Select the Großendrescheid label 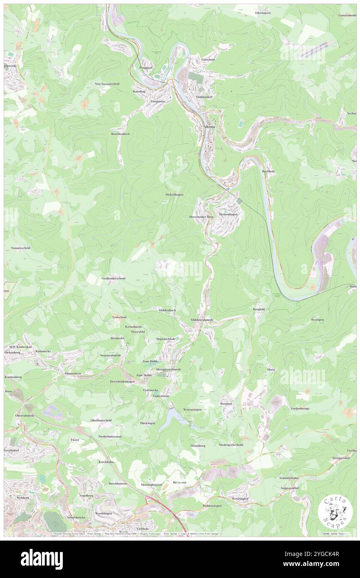point(113,278)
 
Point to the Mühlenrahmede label point(202,320)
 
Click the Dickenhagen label point(174,194)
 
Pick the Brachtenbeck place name point(120,134)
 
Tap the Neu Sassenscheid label point(107,84)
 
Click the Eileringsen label point(262,13)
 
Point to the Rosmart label point(227,404)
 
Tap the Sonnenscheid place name point(20,248)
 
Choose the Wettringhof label point(240,498)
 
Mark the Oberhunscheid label point(101,420)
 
